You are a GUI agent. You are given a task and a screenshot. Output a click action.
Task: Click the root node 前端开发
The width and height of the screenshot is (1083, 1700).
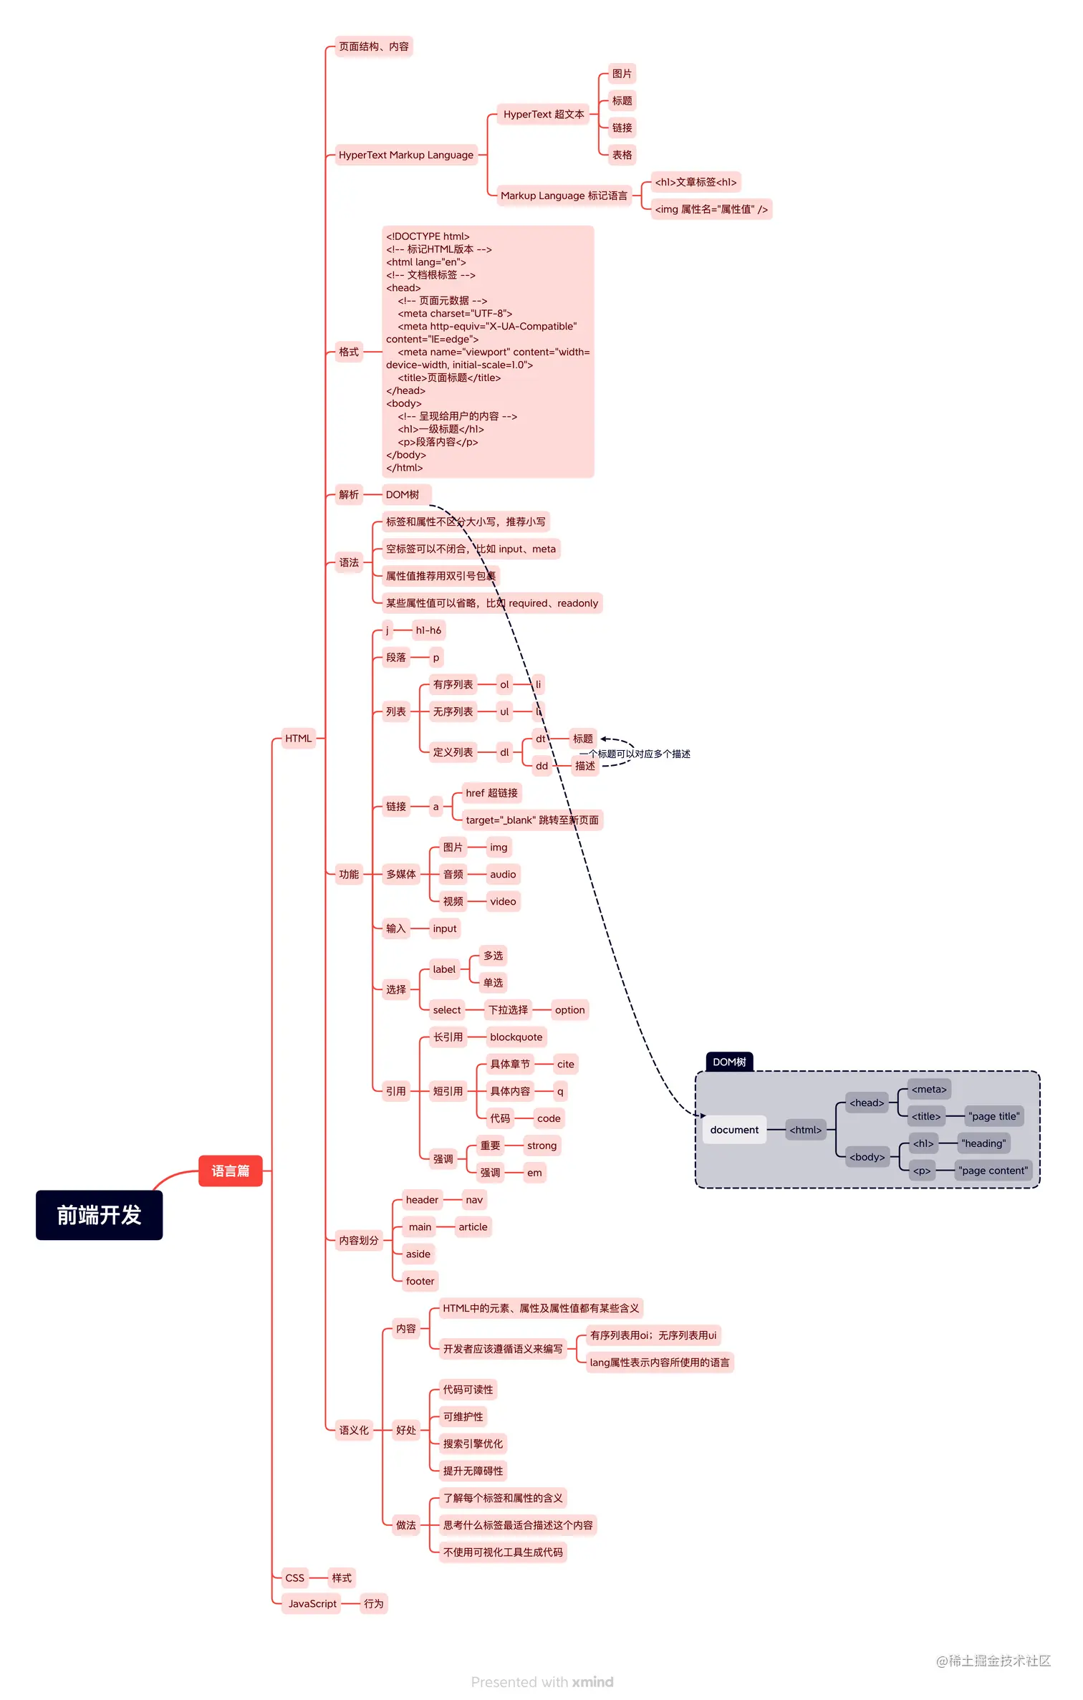pos(99,1215)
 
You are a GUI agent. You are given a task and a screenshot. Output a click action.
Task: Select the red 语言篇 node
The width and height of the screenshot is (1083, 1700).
pos(230,1171)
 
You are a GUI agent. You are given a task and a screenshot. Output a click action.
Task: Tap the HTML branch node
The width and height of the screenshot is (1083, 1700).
pos(298,739)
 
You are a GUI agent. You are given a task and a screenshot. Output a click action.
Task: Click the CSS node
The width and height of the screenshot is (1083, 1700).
pos(294,1577)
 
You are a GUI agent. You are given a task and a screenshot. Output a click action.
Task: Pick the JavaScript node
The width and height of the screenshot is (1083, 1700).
pos(312,1603)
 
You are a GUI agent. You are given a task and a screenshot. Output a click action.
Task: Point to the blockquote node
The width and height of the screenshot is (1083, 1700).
pos(516,1037)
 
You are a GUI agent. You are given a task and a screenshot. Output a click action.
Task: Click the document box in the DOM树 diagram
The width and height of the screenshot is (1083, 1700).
pos(734,1130)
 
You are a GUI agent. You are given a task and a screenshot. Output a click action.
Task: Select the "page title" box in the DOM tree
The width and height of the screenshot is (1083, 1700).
pos(994,1116)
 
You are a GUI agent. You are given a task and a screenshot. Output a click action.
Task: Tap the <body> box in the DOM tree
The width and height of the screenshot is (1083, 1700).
pos(867,1157)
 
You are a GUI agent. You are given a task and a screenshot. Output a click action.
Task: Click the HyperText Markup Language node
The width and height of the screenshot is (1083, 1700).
pos(405,155)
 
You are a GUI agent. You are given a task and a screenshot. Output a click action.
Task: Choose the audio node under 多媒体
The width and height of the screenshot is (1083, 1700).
pos(503,874)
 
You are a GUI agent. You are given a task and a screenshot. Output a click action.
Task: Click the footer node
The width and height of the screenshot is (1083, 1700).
pos(420,1281)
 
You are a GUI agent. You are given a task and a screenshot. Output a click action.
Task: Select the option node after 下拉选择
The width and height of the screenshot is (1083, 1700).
pos(569,1010)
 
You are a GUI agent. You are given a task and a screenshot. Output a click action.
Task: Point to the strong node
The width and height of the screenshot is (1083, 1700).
pos(541,1146)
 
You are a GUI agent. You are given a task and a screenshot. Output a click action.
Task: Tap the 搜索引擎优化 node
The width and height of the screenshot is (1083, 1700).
pos(473,1444)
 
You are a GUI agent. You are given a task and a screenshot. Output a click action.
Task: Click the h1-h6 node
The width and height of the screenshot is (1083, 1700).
pos(428,630)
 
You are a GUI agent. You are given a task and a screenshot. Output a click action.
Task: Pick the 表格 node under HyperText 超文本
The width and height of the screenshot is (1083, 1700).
pos(622,155)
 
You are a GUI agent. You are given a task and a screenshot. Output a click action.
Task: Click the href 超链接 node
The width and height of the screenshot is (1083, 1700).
pos(491,793)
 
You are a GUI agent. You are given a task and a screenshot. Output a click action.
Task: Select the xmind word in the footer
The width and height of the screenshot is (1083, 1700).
pos(592,1682)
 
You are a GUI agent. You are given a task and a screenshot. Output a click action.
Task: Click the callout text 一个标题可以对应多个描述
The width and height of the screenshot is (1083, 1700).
pos(635,754)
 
